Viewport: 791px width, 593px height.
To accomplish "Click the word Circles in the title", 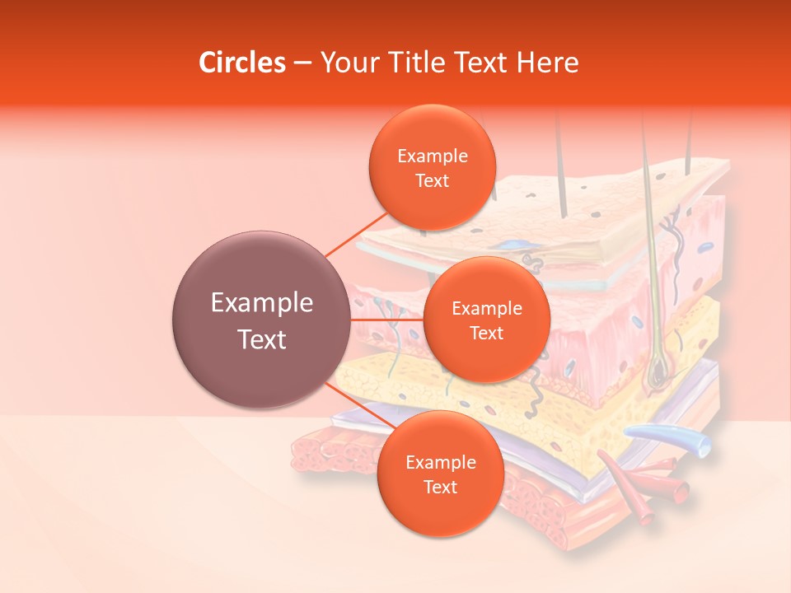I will click(242, 63).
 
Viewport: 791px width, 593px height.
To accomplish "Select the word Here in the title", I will click(548, 63).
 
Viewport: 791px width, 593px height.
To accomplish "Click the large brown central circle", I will click(261, 320).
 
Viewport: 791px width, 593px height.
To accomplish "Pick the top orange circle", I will click(432, 167).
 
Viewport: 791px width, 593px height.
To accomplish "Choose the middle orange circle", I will click(486, 320).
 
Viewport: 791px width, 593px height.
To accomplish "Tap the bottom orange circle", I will click(440, 474).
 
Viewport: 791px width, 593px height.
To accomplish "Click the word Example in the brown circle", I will click(262, 303).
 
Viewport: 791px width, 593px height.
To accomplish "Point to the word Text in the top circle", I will click(432, 180).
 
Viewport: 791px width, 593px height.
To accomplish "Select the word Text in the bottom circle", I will click(440, 487).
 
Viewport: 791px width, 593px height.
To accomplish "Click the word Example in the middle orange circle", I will click(486, 308).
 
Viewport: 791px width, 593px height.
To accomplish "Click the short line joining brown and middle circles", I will click(386, 320).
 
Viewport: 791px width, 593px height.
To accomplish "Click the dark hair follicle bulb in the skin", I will click(658, 375).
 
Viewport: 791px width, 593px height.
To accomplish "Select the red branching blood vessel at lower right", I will click(634, 487).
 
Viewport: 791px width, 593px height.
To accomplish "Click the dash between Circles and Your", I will click(302, 63).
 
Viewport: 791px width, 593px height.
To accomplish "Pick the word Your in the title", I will click(346, 63).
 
